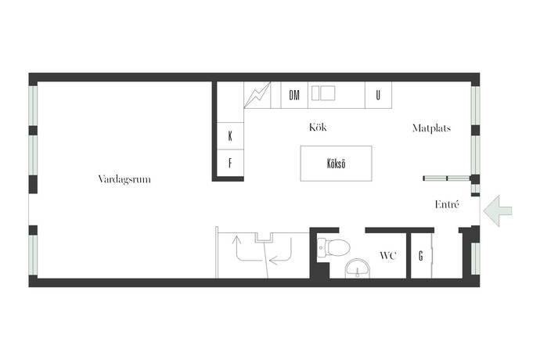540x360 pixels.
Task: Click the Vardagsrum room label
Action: [x=124, y=179]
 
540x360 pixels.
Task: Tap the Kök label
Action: [x=318, y=128]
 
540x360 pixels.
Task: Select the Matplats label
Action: [x=431, y=128]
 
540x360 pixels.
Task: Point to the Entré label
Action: [x=447, y=204]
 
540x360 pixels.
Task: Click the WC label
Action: [x=387, y=256]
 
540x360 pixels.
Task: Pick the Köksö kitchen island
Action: [x=336, y=164]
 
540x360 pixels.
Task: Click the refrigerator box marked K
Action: [x=230, y=136]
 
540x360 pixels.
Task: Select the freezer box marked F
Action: [x=230, y=163]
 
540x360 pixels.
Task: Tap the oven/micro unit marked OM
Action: [x=294, y=95]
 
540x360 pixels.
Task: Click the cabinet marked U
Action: [x=378, y=95]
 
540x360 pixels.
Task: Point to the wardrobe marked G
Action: [x=421, y=256]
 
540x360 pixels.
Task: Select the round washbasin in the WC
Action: [x=358, y=268]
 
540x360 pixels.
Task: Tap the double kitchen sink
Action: [x=323, y=93]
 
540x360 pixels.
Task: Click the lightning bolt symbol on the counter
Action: [x=257, y=95]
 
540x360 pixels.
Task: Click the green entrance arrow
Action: [x=498, y=211]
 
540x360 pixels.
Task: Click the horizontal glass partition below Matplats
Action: [x=446, y=178]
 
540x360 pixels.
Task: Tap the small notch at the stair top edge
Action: [x=265, y=237]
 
